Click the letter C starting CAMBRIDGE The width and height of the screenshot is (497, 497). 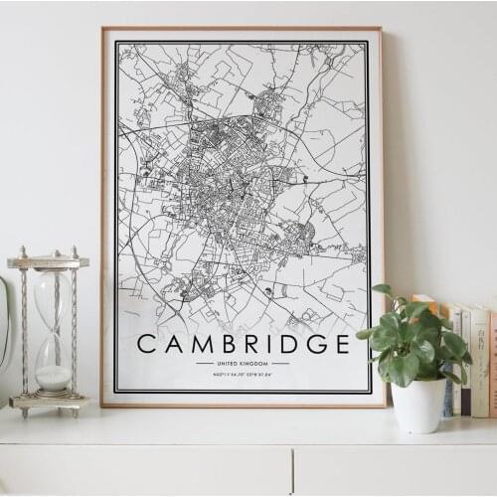coord(146,344)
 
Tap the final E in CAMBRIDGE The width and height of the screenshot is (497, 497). coord(341,344)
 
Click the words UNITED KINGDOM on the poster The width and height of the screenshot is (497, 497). coord(243,364)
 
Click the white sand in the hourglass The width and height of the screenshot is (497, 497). coord(53,378)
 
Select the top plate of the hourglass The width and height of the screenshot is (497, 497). coord(48,262)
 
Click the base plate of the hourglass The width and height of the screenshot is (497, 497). coord(48,402)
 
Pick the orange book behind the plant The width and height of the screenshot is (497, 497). coord(425,304)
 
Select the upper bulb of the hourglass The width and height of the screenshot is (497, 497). coord(52,298)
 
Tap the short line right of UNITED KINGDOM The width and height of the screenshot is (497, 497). coord(281,364)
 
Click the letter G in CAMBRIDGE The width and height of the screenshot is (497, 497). coord(315,344)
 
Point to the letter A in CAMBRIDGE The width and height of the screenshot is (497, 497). coord(170,344)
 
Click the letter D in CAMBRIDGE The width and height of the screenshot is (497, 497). coord(290,344)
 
